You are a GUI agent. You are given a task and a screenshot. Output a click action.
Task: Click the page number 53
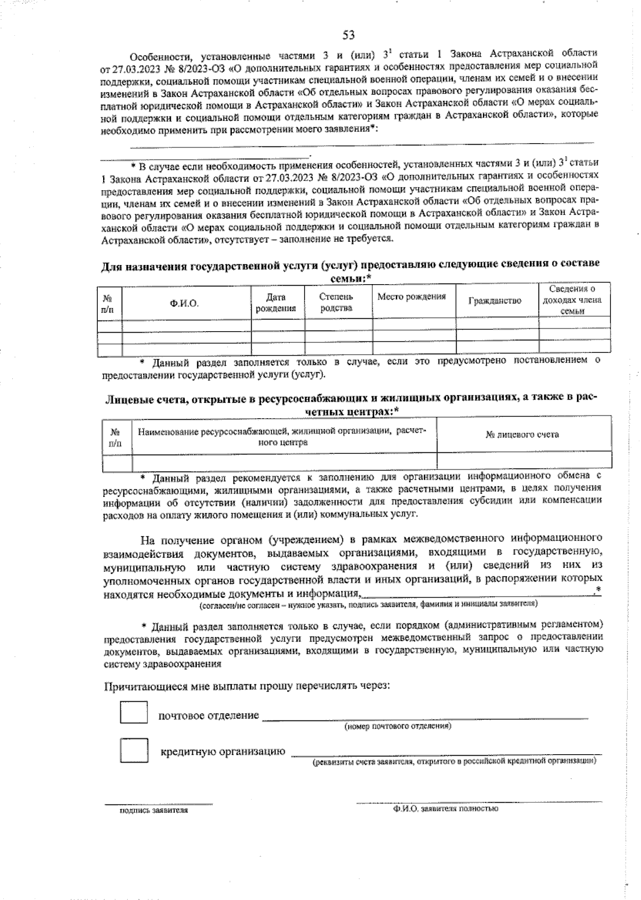[x=348, y=36]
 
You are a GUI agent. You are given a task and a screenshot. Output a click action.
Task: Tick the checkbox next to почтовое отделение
[x=134, y=712]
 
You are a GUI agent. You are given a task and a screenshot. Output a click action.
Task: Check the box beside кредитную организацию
[x=134, y=750]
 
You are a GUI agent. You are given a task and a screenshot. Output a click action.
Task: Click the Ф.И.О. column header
[x=184, y=303]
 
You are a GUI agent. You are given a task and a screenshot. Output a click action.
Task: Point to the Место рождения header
[x=411, y=297]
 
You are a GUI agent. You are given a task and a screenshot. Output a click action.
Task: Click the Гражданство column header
[x=495, y=301]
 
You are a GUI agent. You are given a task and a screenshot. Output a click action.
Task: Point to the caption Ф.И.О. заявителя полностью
[x=445, y=809]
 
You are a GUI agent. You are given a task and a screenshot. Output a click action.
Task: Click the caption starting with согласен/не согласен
[x=369, y=604]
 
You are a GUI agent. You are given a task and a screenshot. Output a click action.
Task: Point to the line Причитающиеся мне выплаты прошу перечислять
[x=247, y=685]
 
